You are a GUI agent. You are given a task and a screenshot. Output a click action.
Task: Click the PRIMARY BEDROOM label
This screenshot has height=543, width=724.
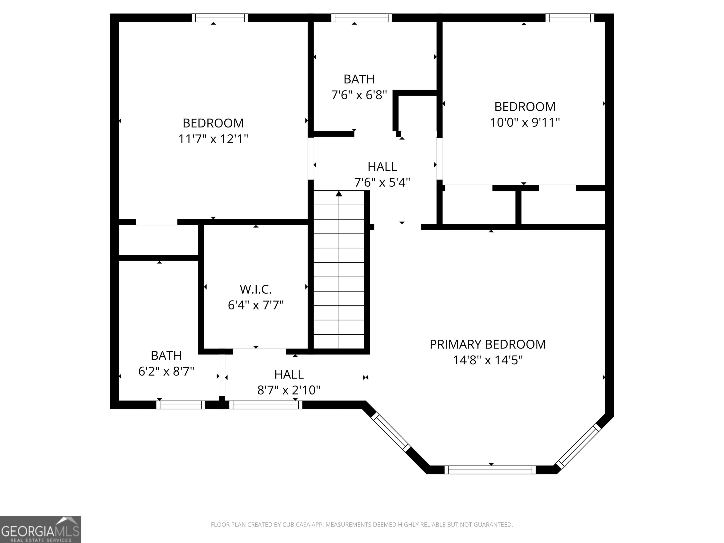pos(487,344)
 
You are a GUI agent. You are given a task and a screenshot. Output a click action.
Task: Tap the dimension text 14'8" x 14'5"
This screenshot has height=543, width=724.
pos(487,360)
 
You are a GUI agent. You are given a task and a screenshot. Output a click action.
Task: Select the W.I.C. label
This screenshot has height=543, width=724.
pos(256,289)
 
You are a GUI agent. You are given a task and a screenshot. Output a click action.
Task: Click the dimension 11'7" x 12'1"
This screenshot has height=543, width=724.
pos(213,139)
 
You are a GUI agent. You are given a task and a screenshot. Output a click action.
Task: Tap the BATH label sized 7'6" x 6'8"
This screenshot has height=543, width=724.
pos(359,79)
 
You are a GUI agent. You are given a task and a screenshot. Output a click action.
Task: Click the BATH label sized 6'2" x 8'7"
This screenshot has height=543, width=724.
pos(166,355)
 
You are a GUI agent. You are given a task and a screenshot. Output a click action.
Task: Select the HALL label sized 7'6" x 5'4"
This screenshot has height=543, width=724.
pos(382,167)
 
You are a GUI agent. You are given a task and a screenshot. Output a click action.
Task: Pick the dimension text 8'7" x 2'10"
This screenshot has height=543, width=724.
pos(289,390)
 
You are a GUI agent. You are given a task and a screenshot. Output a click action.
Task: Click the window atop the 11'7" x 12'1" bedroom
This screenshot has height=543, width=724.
pos(220,18)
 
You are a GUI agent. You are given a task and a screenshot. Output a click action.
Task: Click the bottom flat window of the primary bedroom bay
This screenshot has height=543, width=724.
pos(490,470)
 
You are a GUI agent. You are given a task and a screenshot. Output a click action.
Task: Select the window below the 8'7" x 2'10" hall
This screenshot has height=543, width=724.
pos(265,405)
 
